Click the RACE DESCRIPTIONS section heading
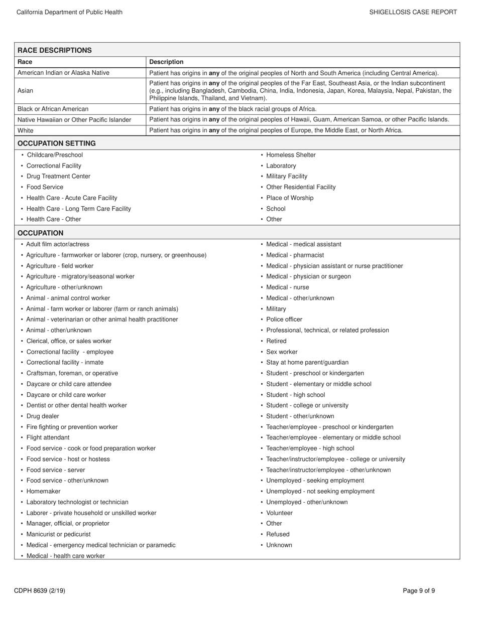pos(55,50)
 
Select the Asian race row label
pos(26,91)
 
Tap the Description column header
pos(166,62)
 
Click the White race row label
pos(26,130)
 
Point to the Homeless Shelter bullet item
pos(291,155)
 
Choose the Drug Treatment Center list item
pos(58,176)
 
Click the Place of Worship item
pos(290,198)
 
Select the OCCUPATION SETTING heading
pos(57,143)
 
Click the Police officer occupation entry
pos(284,320)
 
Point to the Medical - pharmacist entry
pos(295,255)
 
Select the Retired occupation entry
pos(276,341)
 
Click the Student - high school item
pos(295,395)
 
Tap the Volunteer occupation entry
pos(279,513)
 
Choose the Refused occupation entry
pos(278,534)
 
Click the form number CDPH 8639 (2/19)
pos(40,591)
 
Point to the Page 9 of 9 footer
pos(419,591)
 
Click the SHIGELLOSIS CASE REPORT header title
pos(413,12)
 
